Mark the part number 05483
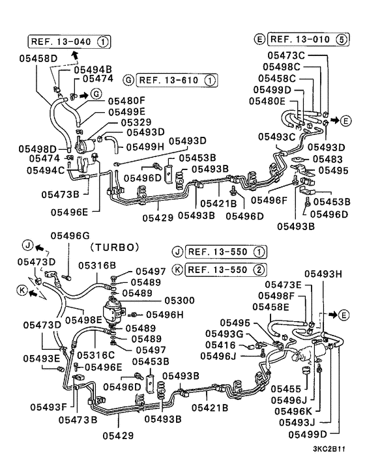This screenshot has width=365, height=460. point(327,158)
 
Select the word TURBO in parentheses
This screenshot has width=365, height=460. point(115,247)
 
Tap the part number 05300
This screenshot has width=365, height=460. point(179,302)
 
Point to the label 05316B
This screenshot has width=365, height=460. point(97,265)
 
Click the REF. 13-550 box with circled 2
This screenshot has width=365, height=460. point(221,270)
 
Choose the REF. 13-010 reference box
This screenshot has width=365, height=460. point(308,38)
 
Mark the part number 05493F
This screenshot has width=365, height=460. point(47,407)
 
